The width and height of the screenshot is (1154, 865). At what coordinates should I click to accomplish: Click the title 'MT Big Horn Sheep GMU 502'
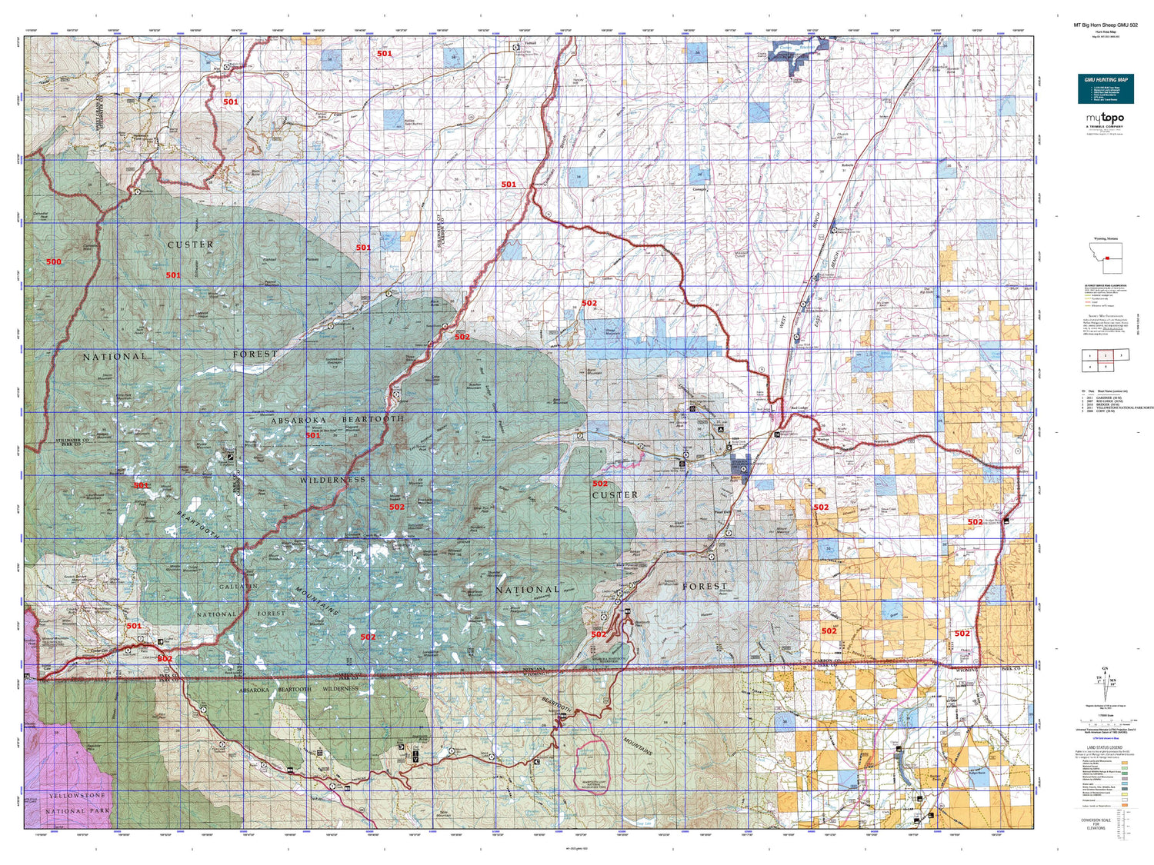(x=1106, y=25)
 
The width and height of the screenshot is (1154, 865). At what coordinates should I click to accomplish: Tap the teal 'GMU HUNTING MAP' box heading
(x=1106, y=80)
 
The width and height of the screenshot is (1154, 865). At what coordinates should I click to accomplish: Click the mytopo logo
(x=1105, y=118)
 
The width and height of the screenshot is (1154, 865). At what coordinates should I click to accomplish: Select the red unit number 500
(x=53, y=262)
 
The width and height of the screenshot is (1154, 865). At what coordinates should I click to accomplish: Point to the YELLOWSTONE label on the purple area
(x=77, y=796)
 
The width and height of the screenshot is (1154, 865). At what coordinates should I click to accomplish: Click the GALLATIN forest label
(x=238, y=587)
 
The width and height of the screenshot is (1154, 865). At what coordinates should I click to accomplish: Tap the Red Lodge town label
(x=799, y=408)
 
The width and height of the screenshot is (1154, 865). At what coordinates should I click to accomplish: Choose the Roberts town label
(x=847, y=165)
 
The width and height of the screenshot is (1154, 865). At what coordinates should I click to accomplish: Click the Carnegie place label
(x=699, y=189)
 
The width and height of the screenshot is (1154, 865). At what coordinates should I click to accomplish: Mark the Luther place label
(x=607, y=279)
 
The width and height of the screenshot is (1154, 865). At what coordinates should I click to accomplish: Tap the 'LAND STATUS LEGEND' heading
(x=1106, y=747)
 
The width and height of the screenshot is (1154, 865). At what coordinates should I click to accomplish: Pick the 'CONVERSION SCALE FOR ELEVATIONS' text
(x=1096, y=823)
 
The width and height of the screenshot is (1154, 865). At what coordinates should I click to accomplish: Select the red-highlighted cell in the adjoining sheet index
(x=1106, y=355)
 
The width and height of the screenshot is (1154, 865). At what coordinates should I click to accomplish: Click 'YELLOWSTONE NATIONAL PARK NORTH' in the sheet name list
(x=1123, y=408)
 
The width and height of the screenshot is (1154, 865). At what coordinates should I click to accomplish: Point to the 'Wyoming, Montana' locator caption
(x=1105, y=239)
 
